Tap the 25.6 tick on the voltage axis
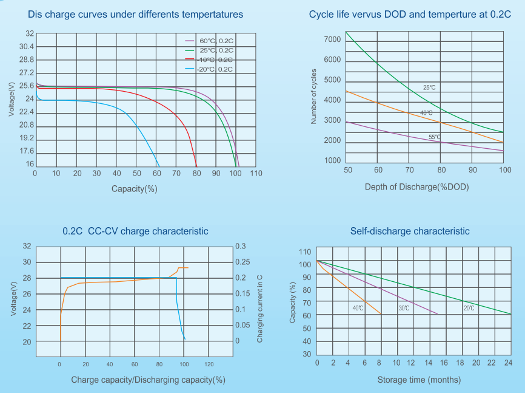(26, 86)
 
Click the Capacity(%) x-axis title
(135, 189)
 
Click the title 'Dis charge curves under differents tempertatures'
(136, 14)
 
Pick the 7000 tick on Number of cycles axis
(332, 39)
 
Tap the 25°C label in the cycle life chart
(429, 88)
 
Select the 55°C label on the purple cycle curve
(435, 137)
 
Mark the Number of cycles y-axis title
(314, 96)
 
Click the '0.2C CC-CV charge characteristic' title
(135, 231)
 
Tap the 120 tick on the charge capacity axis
(209, 364)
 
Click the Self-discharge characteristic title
(410, 231)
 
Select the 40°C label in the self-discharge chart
(358, 309)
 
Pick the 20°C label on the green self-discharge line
(469, 309)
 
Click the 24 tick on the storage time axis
(508, 363)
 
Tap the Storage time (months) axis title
(410, 380)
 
